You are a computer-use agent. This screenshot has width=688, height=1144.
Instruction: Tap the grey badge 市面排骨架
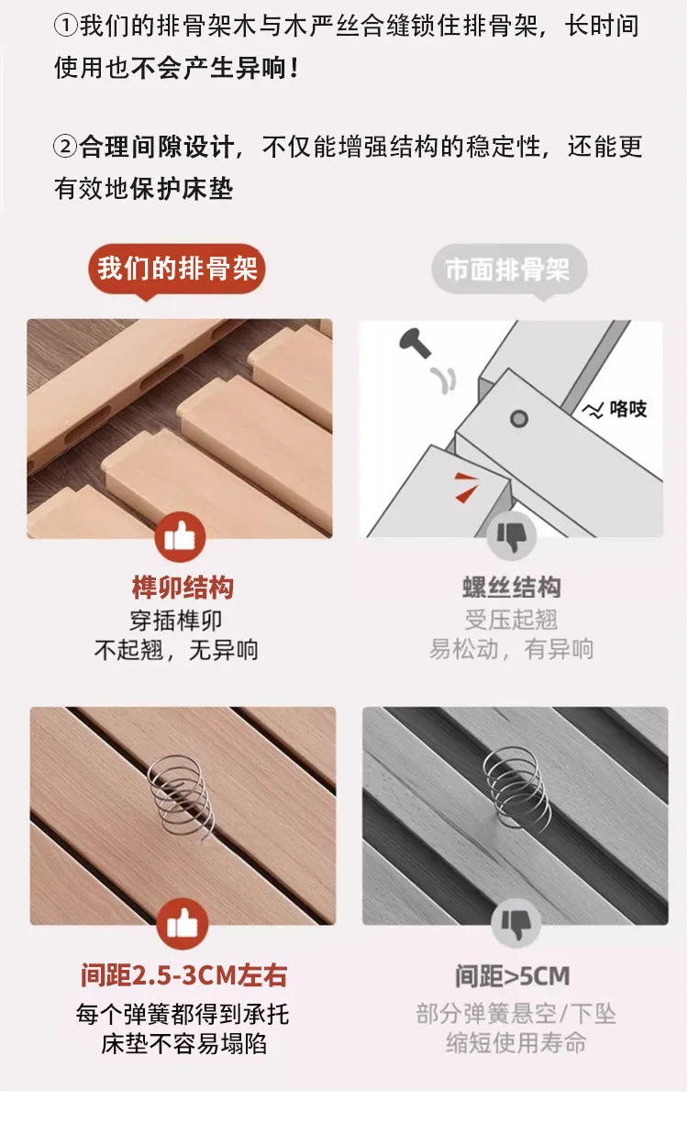[x=508, y=269]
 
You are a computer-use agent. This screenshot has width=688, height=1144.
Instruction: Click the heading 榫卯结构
[x=183, y=588]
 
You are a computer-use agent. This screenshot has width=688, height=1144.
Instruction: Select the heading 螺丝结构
[x=511, y=588]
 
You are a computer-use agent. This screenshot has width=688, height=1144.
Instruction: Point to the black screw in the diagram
[x=414, y=345]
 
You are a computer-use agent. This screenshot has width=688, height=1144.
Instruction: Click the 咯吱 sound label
[x=617, y=410]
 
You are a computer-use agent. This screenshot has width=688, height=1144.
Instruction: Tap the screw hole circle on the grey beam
[x=519, y=419]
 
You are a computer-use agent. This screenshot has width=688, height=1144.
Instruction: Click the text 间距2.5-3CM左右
[x=183, y=975]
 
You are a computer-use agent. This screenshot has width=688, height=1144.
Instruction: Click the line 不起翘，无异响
[x=177, y=650]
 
